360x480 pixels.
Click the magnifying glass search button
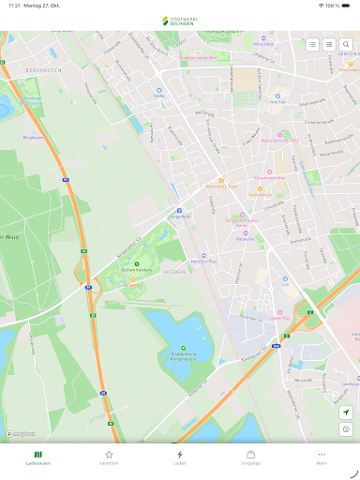pos(346,44)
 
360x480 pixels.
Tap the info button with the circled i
pos(346,429)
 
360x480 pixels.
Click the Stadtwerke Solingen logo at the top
pos(180,21)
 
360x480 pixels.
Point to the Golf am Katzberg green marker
pos(137,264)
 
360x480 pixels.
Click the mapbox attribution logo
pos(20,434)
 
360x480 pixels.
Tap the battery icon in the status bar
pos(348,6)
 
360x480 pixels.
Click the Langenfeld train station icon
pos(179,211)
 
